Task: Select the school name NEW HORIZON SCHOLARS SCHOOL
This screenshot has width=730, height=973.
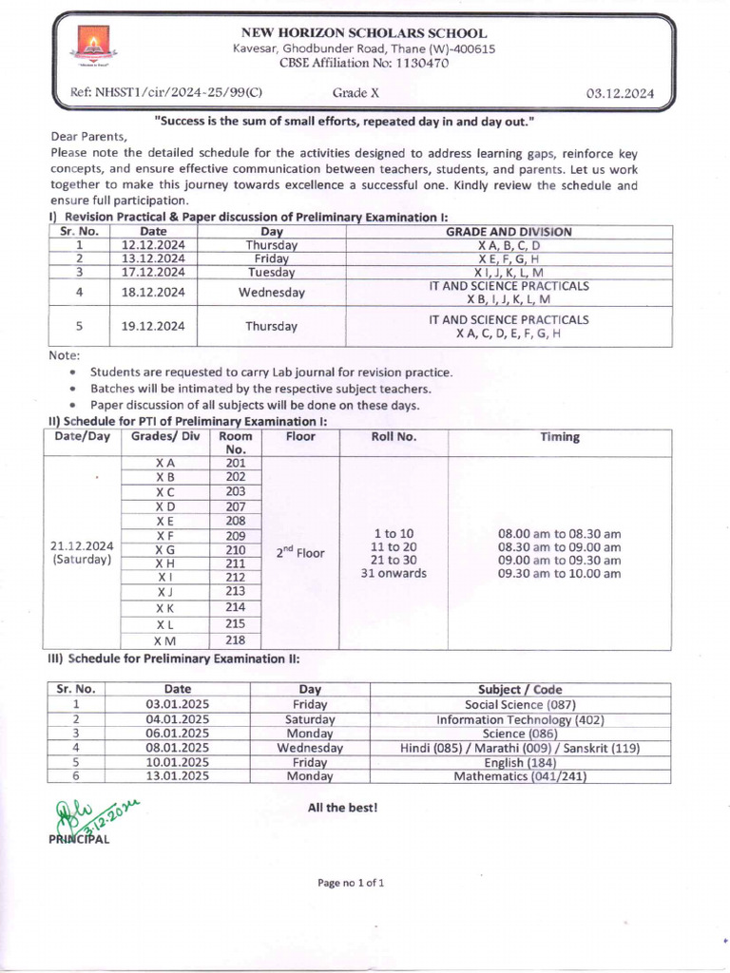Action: pyautogui.click(x=364, y=33)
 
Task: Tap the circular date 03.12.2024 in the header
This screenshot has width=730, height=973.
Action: pyautogui.click(x=625, y=93)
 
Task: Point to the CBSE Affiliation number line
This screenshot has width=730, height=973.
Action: pyautogui.click(x=364, y=64)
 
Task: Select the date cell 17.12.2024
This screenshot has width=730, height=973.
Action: pyautogui.click(x=153, y=272)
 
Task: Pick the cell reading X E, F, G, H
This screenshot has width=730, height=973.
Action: pyautogui.click(x=509, y=258)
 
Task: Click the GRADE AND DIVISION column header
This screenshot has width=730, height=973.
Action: pyautogui.click(x=509, y=232)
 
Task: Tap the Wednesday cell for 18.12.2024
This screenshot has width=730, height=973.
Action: pyautogui.click(x=271, y=293)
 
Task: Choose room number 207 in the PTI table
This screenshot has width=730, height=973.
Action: pyautogui.click(x=236, y=506)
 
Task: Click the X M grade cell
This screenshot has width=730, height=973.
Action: pyautogui.click(x=164, y=640)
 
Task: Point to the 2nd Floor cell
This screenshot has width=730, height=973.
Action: pyautogui.click(x=300, y=552)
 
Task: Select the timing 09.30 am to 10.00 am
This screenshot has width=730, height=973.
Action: pyautogui.click(x=559, y=574)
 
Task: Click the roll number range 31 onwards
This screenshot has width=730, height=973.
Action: pyautogui.click(x=394, y=573)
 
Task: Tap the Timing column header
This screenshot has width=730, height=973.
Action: pyautogui.click(x=559, y=437)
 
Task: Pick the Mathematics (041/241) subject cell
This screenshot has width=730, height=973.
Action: pyautogui.click(x=520, y=776)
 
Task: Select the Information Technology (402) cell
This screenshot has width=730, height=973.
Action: pyautogui.click(x=520, y=719)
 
